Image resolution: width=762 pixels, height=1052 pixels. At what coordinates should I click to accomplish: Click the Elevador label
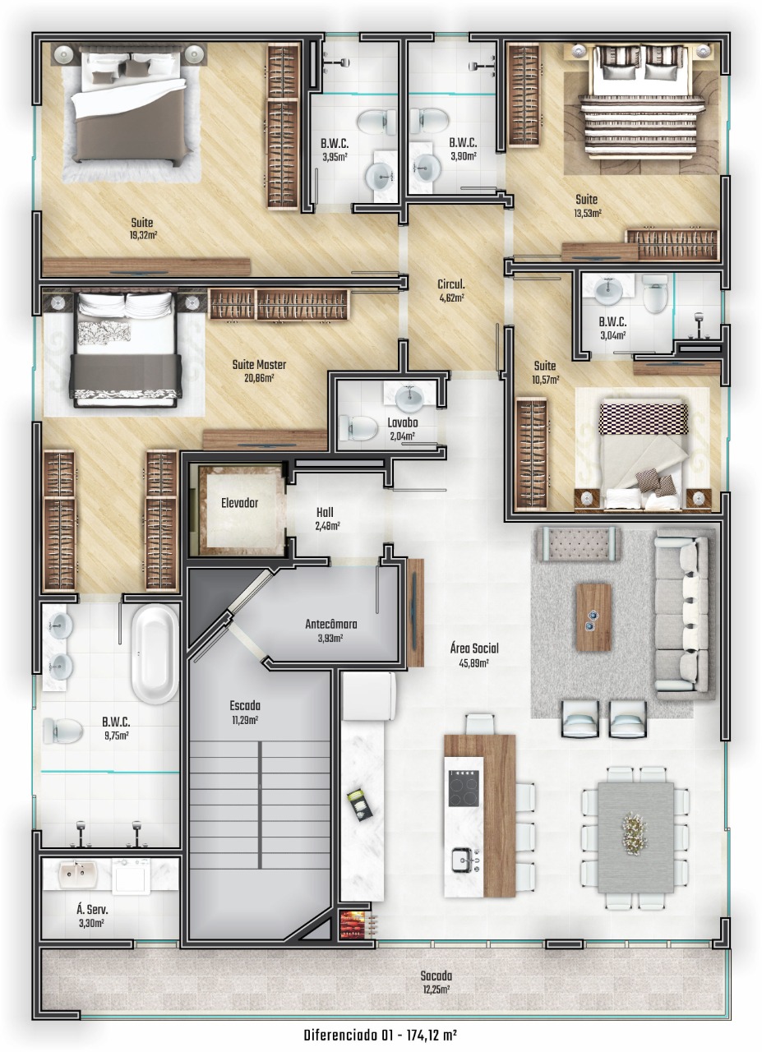point(239,503)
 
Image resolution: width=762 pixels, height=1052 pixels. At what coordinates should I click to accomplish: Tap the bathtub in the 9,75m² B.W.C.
point(155,653)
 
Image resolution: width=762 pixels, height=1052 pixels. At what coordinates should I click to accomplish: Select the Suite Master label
point(259,364)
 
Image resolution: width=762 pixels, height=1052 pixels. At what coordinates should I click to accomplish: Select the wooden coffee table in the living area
point(593,617)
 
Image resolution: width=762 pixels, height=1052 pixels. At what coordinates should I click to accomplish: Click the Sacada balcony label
point(436,976)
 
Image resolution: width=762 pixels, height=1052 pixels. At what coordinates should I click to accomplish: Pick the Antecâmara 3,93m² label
point(330,630)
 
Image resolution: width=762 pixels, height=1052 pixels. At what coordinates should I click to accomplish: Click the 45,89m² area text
point(473,662)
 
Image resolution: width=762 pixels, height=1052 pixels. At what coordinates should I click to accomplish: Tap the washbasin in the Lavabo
point(409,397)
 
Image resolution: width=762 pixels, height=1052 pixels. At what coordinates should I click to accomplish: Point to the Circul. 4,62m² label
point(451,290)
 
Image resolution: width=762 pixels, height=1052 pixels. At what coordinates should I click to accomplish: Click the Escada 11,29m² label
point(245,712)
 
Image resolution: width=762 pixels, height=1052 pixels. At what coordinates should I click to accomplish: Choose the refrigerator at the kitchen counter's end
point(369,695)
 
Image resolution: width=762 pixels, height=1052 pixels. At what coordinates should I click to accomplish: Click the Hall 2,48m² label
point(327,519)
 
